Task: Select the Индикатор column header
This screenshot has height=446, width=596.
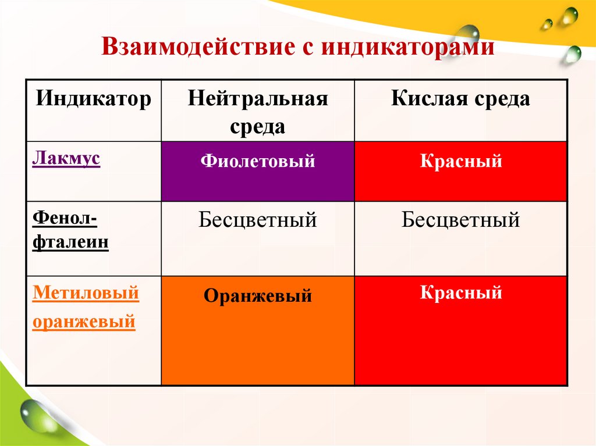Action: click(x=94, y=98)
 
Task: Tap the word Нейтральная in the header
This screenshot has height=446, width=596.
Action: click(x=258, y=98)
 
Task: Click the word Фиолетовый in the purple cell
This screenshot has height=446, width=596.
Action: click(x=258, y=160)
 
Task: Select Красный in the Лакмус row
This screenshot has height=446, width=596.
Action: click(x=461, y=160)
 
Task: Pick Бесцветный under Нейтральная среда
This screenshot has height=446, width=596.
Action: click(x=258, y=220)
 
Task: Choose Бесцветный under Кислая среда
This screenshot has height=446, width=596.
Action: click(x=461, y=220)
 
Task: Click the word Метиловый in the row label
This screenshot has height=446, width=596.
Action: click(x=86, y=292)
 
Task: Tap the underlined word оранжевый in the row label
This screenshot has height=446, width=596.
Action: click(x=84, y=321)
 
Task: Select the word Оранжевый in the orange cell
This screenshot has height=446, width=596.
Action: click(x=258, y=296)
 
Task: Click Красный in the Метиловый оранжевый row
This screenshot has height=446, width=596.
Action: click(x=461, y=292)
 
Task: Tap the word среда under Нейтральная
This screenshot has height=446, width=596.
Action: click(x=258, y=126)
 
